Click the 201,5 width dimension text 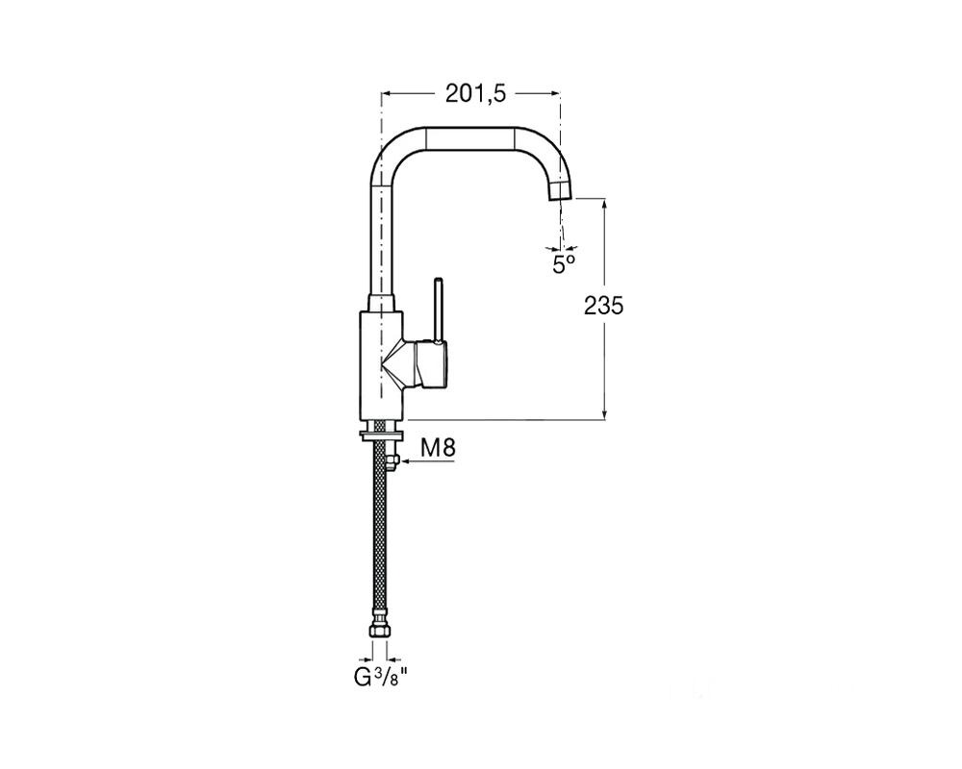(x=475, y=93)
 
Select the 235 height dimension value (x=603, y=305)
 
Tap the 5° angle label (x=564, y=264)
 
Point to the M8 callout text (x=438, y=448)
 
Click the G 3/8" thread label (x=381, y=678)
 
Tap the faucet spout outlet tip (x=560, y=192)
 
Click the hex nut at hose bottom (x=380, y=632)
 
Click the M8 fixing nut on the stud (x=392, y=460)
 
